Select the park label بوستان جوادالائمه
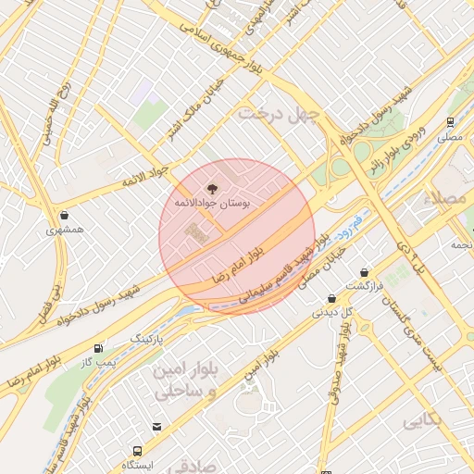[214, 201]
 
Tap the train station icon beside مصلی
[450, 121]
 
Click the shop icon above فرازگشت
[365, 273]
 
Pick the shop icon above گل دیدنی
[332, 298]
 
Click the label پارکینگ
[146, 340]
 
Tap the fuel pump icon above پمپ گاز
[98, 348]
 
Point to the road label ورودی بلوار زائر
[411, 148]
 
